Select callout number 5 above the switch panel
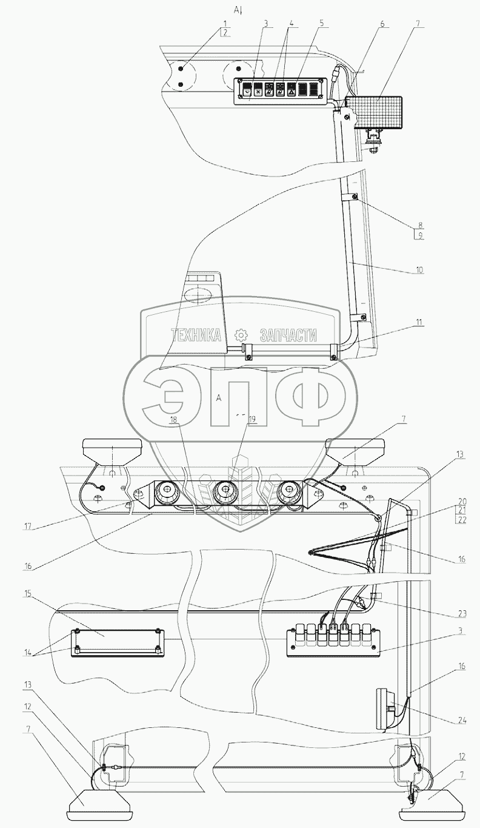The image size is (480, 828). pos(321,23)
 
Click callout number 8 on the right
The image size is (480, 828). pos(416,223)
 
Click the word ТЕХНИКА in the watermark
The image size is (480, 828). pos(197,335)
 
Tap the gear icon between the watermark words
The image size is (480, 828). pos(241,335)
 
